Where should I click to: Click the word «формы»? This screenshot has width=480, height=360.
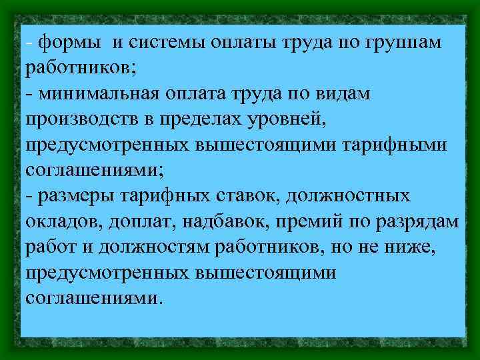tap(70, 43)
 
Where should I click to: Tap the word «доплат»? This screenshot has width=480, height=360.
tap(133, 222)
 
